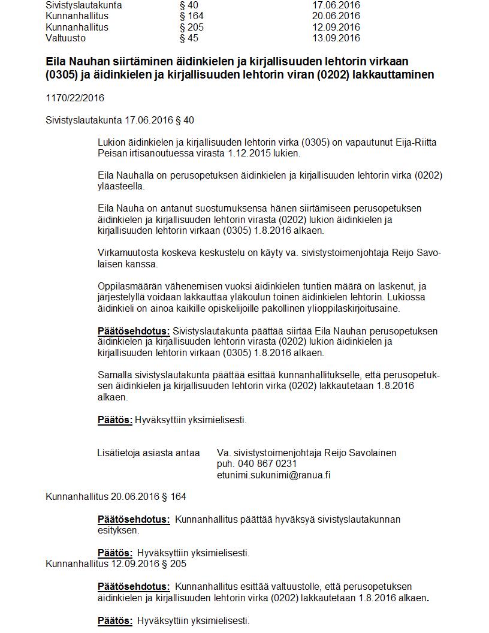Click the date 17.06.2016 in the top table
(x=336, y=5)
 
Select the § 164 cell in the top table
(x=191, y=16)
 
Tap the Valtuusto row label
(x=65, y=38)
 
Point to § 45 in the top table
(x=189, y=38)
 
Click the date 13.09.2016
(x=336, y=38)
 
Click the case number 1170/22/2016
(x=74, y=98)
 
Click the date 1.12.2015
(x=250, y=153)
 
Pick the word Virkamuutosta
(x=128, y=252)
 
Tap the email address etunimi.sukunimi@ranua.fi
(x=274, y=475)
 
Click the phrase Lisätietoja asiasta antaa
(x=148, y=453)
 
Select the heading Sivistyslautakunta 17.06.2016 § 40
(x=120, y=120)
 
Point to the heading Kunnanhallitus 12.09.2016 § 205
(x=116, y=564)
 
